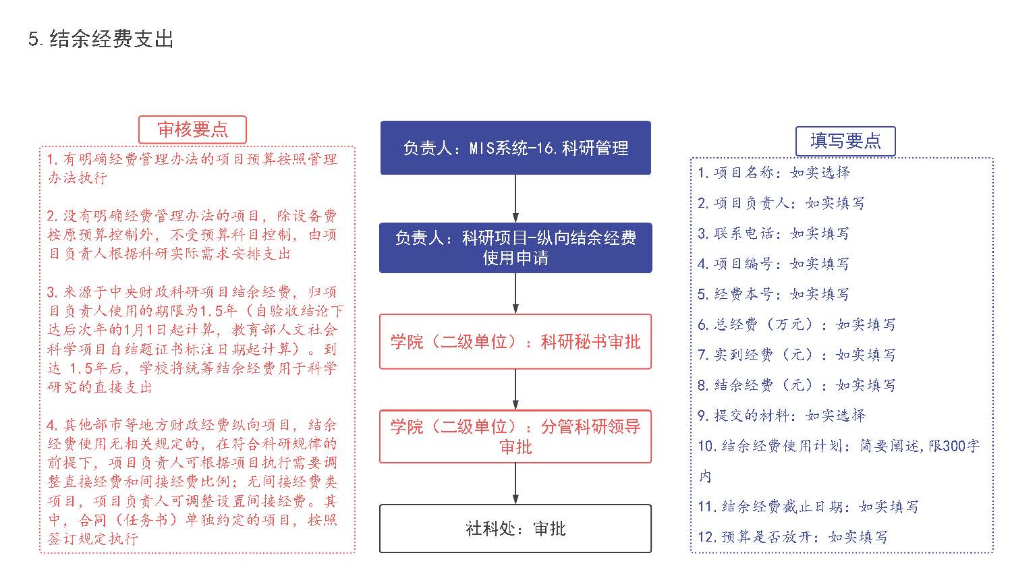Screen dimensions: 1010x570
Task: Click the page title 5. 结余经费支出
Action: (x=101, y=38)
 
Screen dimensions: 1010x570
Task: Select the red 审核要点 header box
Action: (x=192, y=130)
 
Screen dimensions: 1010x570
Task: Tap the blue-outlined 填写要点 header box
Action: (x=845, y=141)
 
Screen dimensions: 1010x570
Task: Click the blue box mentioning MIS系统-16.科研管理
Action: (x=515, y=148)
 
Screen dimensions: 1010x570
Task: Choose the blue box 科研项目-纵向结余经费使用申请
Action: (x=515, y=248)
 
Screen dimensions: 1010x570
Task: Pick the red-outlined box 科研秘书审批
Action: (x=515, y=341)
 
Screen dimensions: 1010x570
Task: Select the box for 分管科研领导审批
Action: (x=515, y=436)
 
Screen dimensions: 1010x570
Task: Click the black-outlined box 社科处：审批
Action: (x=515, y=528)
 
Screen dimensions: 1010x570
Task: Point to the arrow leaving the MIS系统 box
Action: (x=515, y=198)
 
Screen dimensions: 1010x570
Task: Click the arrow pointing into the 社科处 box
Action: (x=515, y=484)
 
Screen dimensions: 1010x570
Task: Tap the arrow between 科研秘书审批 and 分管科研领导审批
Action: (x=515, y=390)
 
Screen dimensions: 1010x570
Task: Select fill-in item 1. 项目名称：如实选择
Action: (x=774, y=172)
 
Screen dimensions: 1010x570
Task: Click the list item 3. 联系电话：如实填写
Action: (x=773, y=233)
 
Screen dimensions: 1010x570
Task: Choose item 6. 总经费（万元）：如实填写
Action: (x=797, y=324)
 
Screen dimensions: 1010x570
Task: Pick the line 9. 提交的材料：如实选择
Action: (x=781, y=416)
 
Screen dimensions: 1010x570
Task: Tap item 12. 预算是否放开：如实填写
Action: (x=793, y=537)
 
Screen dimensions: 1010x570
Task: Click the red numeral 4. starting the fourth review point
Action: (x=52, y=425)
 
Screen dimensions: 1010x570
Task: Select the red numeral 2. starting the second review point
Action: (x=52, y=216)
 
